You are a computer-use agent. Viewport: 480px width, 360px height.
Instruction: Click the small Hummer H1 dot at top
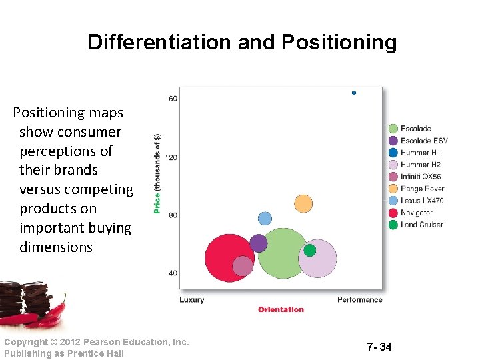354,93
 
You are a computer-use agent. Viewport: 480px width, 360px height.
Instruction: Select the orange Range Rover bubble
303,203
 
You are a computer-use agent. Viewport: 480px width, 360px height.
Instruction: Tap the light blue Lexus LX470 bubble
265,218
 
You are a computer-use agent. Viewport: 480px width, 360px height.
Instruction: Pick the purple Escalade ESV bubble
259,243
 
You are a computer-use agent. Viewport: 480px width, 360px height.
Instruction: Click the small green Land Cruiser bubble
310,250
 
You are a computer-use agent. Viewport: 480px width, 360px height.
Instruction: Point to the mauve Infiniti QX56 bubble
243,266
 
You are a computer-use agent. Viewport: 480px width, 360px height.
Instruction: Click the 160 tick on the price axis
171,99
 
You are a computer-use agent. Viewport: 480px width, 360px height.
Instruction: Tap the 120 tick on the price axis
171,157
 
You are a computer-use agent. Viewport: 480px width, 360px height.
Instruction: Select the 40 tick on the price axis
172,273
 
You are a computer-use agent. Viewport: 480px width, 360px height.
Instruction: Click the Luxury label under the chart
192,299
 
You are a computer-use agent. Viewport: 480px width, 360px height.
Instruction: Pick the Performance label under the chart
360,299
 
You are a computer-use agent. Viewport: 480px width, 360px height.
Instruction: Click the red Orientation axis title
281,309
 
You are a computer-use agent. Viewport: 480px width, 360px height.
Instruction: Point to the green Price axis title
157,173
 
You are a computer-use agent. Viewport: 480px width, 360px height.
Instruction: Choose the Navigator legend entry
416,213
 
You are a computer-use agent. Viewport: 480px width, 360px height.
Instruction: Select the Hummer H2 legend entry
420,165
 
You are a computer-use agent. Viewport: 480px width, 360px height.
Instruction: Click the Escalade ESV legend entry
424,141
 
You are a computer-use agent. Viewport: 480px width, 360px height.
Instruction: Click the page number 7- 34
379,347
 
